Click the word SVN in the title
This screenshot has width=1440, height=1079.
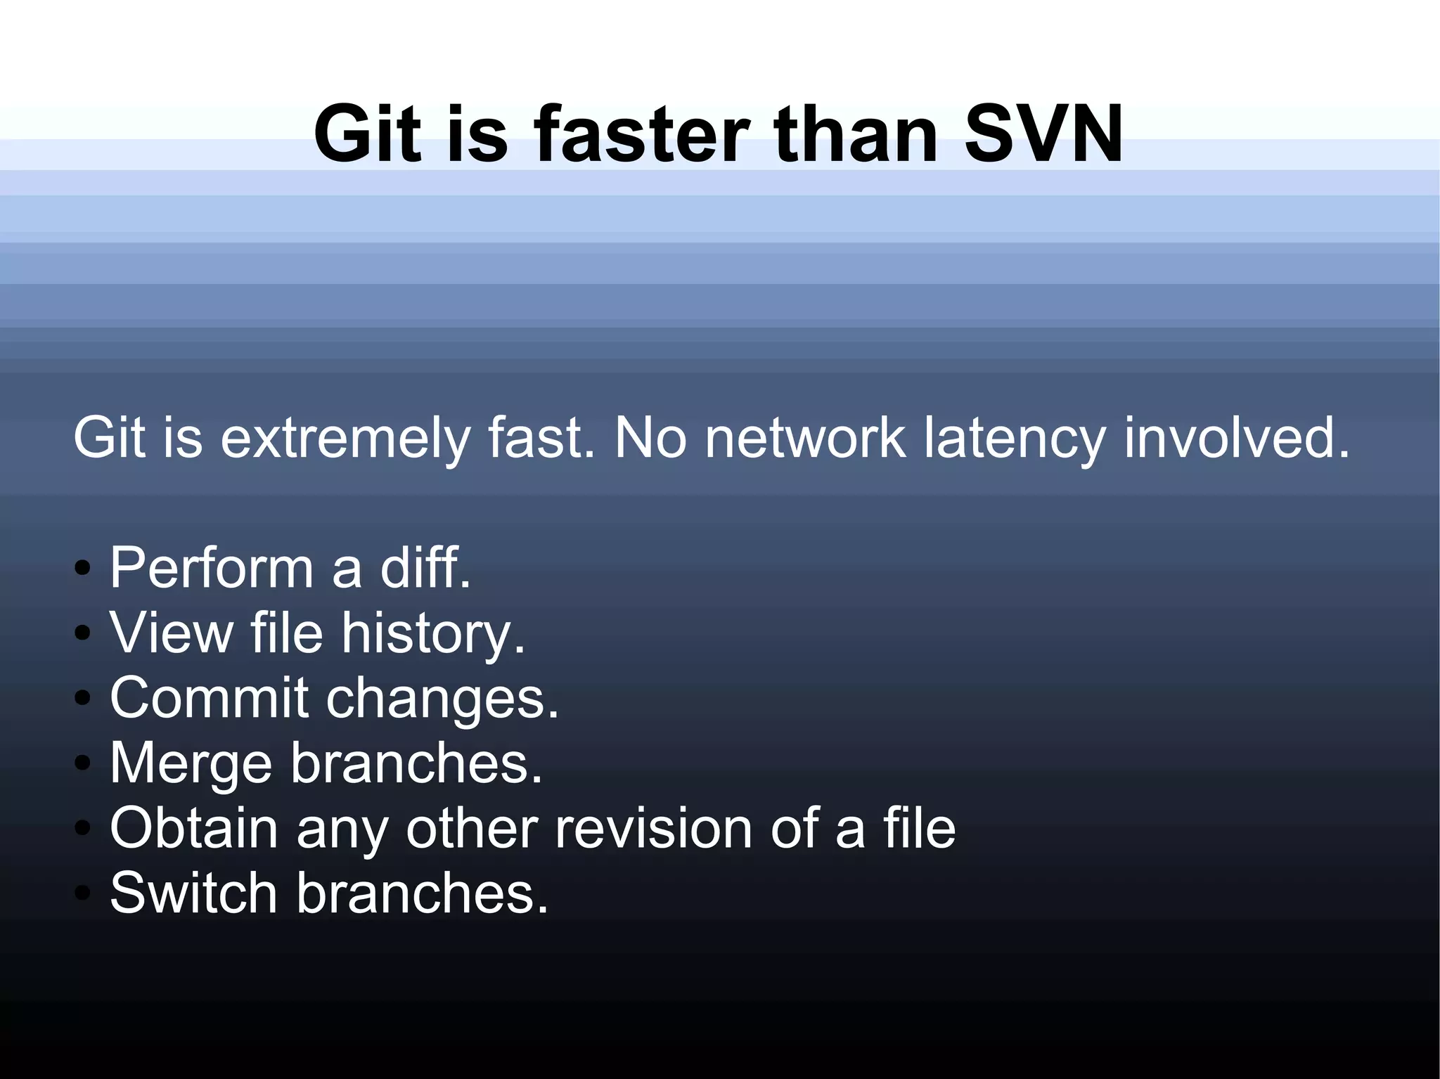[x=1043, y=134]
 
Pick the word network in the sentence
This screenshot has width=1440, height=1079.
[x=805, y=437]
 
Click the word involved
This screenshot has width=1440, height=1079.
[x=1236, y=437]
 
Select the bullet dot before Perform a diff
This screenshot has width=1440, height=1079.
[x=83, y=568]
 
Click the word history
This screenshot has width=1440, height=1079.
[x=432, y=633]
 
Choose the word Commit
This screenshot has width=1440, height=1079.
[x=209, y=697]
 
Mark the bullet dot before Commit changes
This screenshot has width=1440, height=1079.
[x=83, y=698]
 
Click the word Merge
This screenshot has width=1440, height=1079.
[x=191, y=763]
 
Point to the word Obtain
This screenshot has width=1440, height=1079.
[x=194, y=828]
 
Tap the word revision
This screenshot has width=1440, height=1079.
[x=653, y=828]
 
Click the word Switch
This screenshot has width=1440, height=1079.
[x=193, y=893]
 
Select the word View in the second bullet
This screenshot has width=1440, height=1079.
[x=171, y=632]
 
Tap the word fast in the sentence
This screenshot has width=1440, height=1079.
[x=540, y=437]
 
